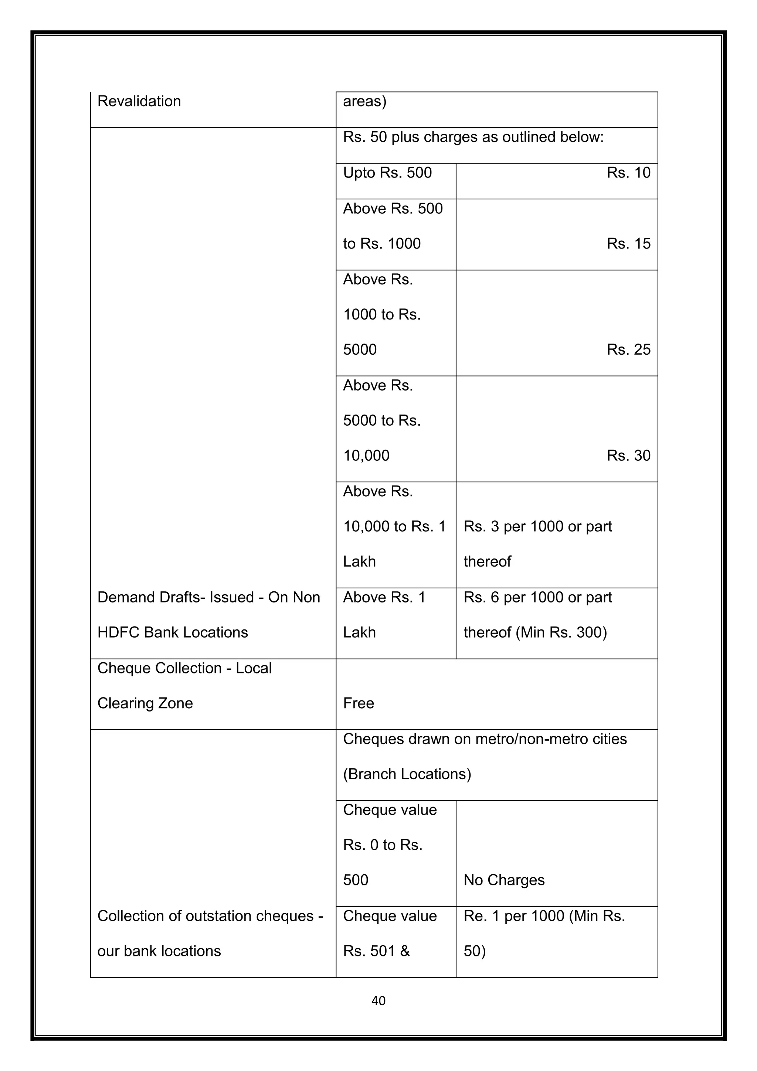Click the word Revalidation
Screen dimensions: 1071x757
(x=139, y=101)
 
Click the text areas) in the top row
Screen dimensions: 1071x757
(x=364, y=101)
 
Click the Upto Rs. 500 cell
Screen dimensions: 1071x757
(x=387, y=173)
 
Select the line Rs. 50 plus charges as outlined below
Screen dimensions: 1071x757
(x=473, y=137)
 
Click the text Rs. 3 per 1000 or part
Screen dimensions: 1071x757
(x=537, y=527)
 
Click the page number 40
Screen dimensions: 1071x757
(x=378, y=1001)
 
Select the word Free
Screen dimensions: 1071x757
(x=359, y=703)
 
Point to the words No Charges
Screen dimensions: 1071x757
(x=504, y=880)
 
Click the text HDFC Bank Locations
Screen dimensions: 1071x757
(x=173, y=632)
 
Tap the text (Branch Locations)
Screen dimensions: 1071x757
(x=407, y=774)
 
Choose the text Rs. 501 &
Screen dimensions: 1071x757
(x=376, y=951)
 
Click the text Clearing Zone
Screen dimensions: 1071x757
(x=145, y=703)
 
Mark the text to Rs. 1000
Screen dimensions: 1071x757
(x=382, y=243)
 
